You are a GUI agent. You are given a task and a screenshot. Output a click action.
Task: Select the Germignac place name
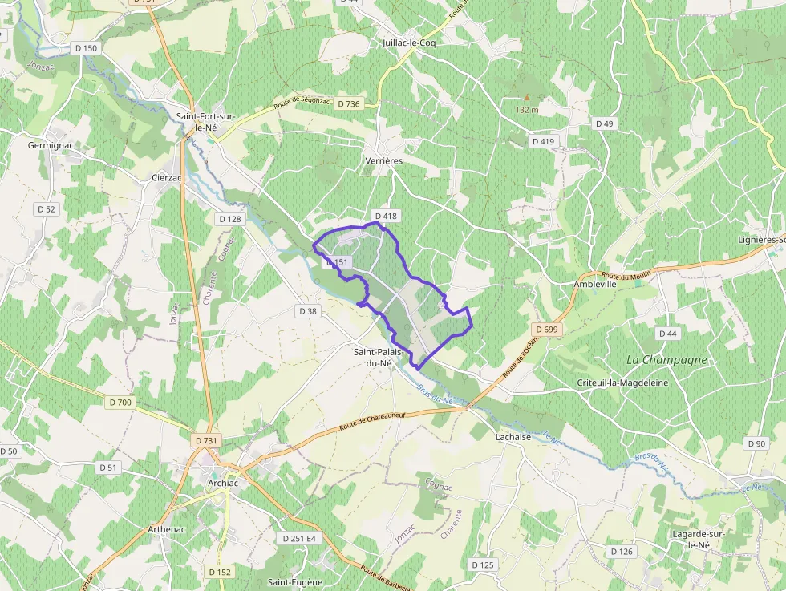pyautogui.click(x=51, y=145)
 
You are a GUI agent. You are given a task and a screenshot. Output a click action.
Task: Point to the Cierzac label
pyautogui.click(x=168, y=177)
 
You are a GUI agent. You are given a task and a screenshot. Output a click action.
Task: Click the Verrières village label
pyautogui.click(x=383, y=160)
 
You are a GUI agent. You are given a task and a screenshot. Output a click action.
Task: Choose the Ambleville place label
pyautogui.click(x=595, y=284)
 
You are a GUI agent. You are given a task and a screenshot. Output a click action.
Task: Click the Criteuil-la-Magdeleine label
pyautogui.click(x=622, y=383)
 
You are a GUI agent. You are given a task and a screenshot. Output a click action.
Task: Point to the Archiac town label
pyautogui.click(x=211, y=483)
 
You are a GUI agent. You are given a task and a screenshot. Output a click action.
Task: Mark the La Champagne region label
pyautogui.click(x=666, y=359)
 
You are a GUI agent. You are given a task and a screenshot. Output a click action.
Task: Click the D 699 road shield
pyautogui.click(x=548, y=330)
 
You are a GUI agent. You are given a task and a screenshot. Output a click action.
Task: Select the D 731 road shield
pyautogui.click(x=206, y=440)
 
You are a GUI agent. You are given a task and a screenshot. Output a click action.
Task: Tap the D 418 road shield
pyautogui.click(x=386, y=217)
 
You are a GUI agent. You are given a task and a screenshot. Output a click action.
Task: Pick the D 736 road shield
pyautogui.click(x=349, y=103)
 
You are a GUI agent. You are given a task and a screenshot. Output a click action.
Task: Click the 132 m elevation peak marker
pyautogui.click(x=527, y=97)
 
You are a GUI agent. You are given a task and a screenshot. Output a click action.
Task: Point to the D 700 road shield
pyautogui.click(x=120, y=402)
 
